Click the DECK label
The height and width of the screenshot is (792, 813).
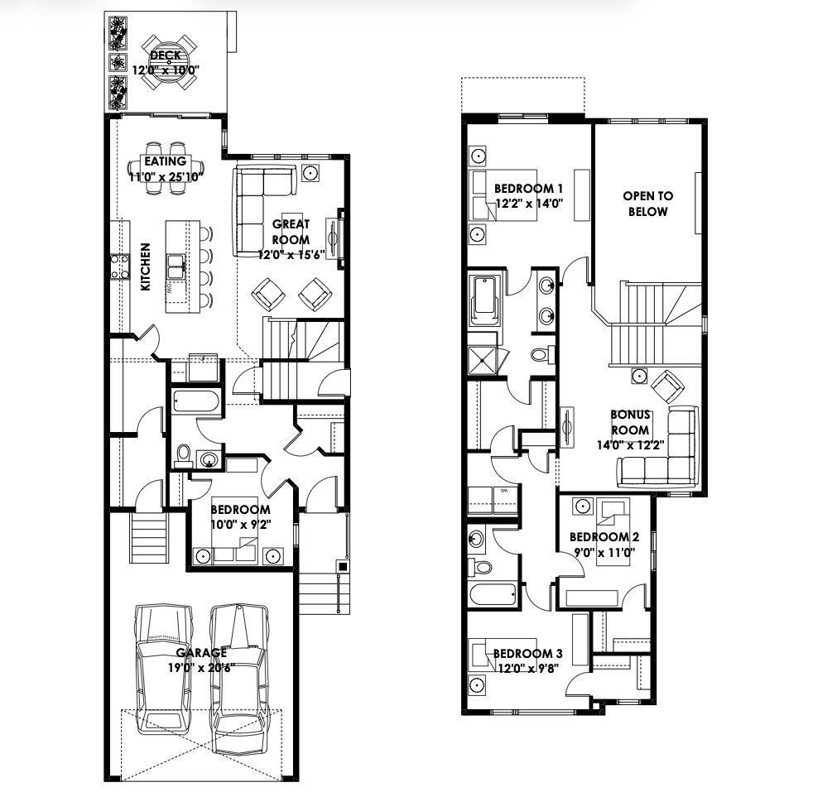coord(166,55)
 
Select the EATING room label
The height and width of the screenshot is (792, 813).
coord(165,161)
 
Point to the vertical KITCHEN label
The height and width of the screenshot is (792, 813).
coord(146,266)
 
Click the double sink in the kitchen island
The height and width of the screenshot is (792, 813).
coord(176,266)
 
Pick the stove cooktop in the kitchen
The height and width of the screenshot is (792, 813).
coord(119,266)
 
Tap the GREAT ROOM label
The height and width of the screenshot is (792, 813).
coord(291,232)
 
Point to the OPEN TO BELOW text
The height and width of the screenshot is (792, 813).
coord(647,204)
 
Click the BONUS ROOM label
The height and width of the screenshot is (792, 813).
coord(631,422)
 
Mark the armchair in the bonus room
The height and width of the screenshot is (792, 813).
coord(667,385)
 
